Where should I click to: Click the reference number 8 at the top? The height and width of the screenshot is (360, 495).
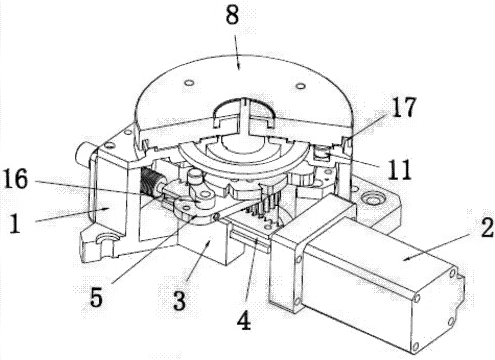pyautogui.click(x=232, y=16)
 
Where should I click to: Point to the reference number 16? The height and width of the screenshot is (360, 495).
pyautogui.click(x=17, y=178)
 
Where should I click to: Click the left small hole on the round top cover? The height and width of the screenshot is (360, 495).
pyautogui.click(x=190, y=83)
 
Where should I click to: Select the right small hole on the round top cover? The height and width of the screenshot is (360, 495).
pyautogui.click(x=300, y=86)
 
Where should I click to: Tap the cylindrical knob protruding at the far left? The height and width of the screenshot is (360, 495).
pyautogui.click(x=84, y=152)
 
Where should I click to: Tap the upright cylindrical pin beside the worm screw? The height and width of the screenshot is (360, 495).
pyautogui.click(x=194, y=179)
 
